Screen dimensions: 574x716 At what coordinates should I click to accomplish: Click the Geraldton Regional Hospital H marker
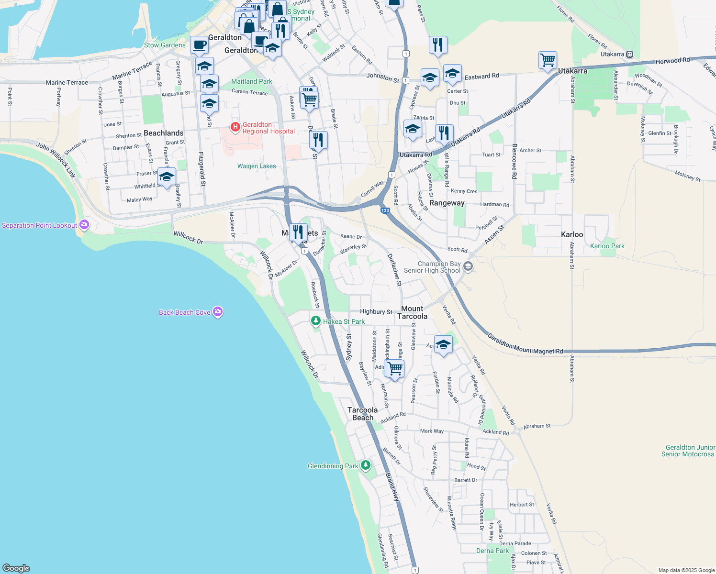click(x=235, y=127)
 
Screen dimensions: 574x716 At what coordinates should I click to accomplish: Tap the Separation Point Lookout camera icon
click(x=84, y=224)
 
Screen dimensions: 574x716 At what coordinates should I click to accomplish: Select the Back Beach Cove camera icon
click(x=218, y=312)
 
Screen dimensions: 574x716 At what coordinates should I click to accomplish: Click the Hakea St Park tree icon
click(x=315, y=321)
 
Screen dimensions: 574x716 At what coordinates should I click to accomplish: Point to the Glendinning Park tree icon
click(x=366, y=465)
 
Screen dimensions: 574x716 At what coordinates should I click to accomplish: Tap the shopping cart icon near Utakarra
click(x=548, y=61)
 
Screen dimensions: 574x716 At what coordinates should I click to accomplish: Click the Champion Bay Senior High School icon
click(x=468, y=266)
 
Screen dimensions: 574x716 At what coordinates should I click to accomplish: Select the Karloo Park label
click(x=607, y=246)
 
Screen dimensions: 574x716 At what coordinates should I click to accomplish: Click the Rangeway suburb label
click(x=447, y=203)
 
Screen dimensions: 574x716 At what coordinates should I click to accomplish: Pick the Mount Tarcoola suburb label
click(x=412, y=312)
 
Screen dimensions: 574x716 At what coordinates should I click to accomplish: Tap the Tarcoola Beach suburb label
click(x=362, y=414)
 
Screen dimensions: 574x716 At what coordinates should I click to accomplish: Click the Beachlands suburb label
click(x=163, y=133)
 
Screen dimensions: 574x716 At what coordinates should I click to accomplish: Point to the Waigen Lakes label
click(x=257, y=166)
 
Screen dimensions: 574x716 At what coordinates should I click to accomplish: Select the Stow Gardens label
click(x=165, y=45)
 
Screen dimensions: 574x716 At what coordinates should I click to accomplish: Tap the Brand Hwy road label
click(x=392, y=487)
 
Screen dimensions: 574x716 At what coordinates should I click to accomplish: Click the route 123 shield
click(x=385, y=210)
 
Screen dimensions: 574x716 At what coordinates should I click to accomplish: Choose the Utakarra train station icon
click(x=630, y=55)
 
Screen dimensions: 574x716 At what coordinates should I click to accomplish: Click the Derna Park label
click(x=492, y=551)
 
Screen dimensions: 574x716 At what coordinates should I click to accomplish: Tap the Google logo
click(x=16, y=568)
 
